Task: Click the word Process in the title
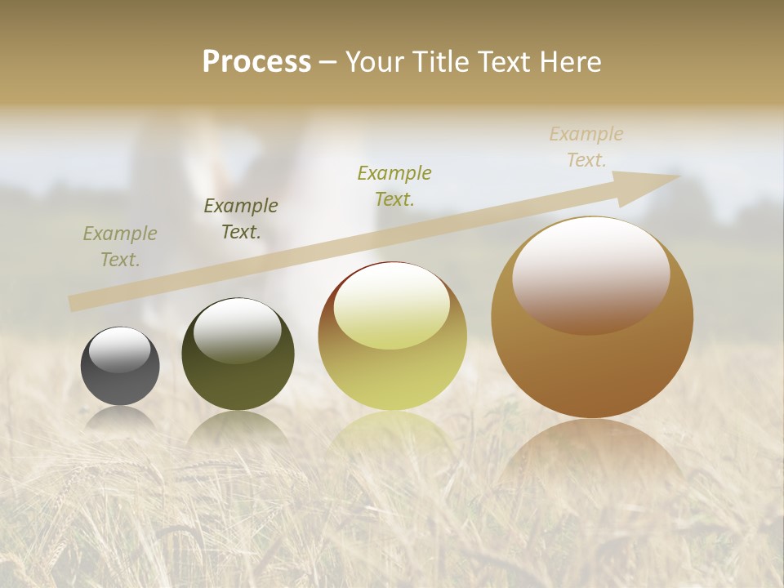coord(256,62)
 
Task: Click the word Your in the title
coord(376,62)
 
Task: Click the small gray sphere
coord(120,376)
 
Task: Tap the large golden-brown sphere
coord(592,359)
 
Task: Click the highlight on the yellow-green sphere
coord(391,306)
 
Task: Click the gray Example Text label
coord(120,247)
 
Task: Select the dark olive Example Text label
coord(241,219)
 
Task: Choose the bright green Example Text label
coord(394,186)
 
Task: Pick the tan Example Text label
coord(586,147)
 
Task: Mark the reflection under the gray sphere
coord(120,418)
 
